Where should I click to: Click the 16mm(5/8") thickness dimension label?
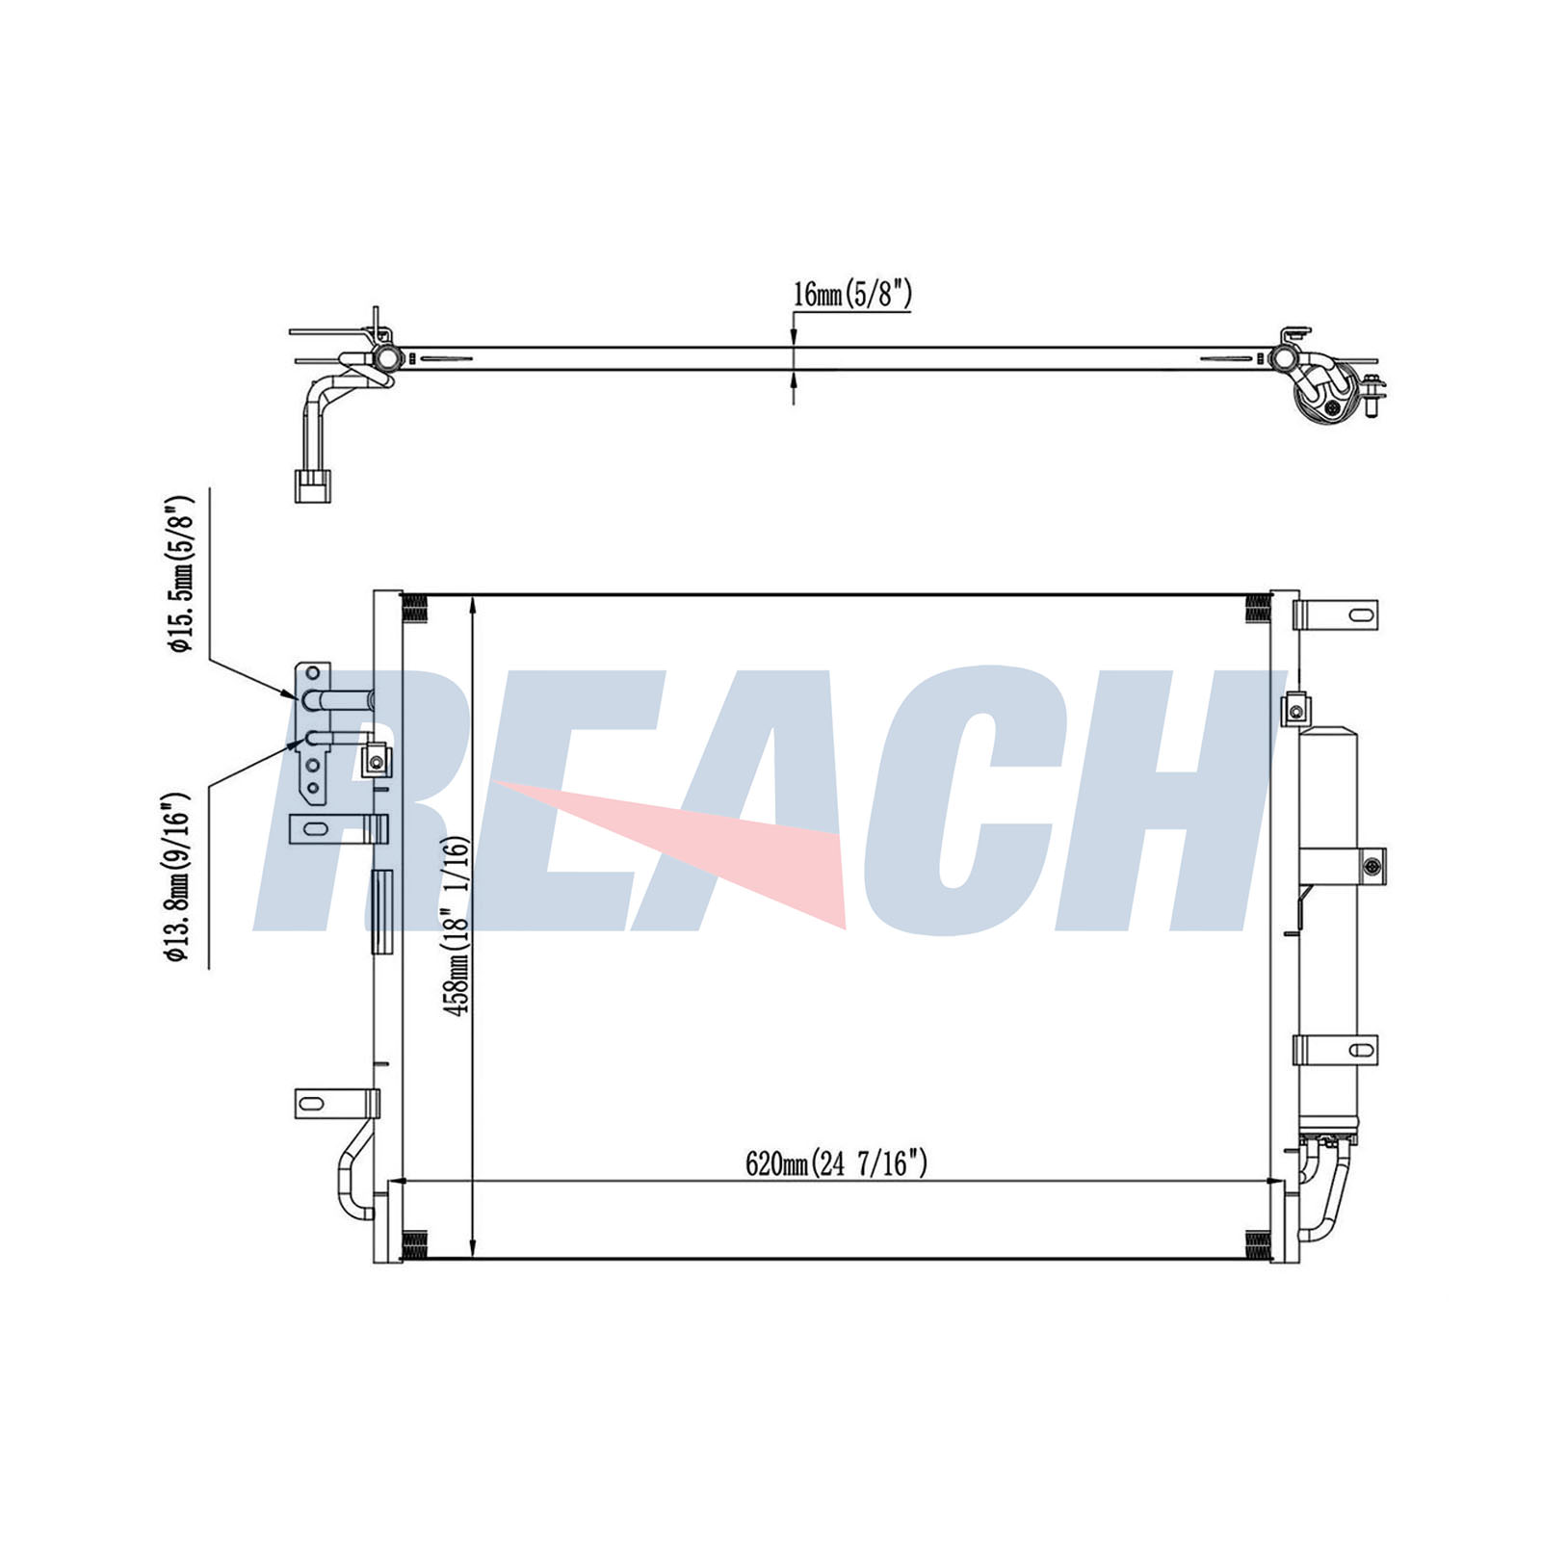tap(851, 294)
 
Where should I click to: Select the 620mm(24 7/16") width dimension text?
tap(836, 1164)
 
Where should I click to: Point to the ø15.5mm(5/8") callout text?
tap(181, 575)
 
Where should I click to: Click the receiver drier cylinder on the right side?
tap(1327, 929)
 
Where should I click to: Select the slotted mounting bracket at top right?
tap(1336, 614)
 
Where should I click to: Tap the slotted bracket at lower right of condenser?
tap(1336, 1050)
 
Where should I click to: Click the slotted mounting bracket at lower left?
tap(336, 1104)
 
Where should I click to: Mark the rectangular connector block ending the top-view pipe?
tap(310, 484)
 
